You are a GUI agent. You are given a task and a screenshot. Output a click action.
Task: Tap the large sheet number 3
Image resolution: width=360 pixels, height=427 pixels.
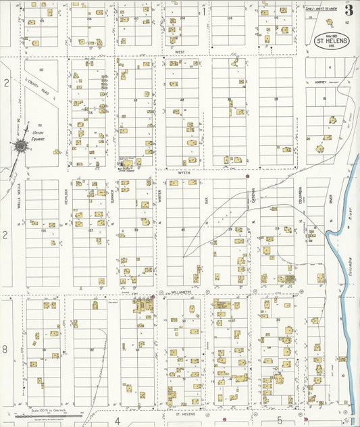tap(349, 10)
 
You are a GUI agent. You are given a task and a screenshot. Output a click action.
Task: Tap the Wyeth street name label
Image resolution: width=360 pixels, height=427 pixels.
tap(184, 172)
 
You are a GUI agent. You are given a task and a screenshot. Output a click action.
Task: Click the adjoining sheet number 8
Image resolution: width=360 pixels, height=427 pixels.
tap(5, 349)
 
